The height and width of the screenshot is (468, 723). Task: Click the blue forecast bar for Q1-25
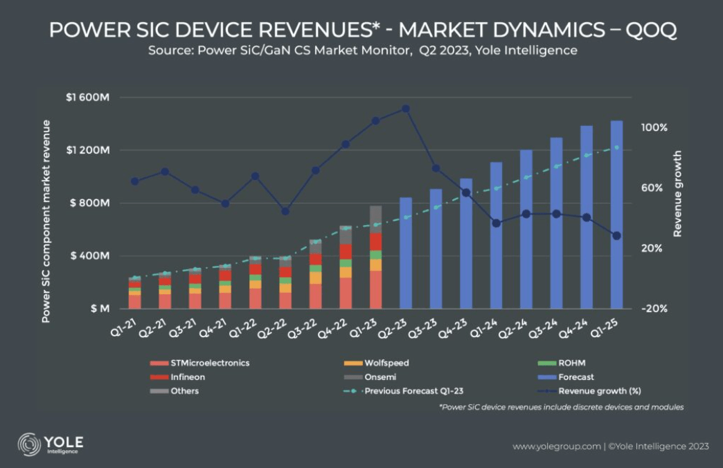point(616,215)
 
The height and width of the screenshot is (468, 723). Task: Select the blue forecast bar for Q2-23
point(406,253)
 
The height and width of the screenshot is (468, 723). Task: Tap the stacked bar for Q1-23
point(375,257)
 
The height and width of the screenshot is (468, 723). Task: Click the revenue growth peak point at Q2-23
point(406,109)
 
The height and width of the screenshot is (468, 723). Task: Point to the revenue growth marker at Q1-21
point(134,181)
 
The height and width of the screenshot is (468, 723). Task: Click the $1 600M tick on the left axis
point(87,98)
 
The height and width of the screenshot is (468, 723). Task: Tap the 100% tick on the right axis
point(654,128)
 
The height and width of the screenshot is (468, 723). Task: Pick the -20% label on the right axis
point(654,309)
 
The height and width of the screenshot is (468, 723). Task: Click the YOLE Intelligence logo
point(51,444)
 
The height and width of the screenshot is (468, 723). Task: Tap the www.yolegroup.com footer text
point(556,447)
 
